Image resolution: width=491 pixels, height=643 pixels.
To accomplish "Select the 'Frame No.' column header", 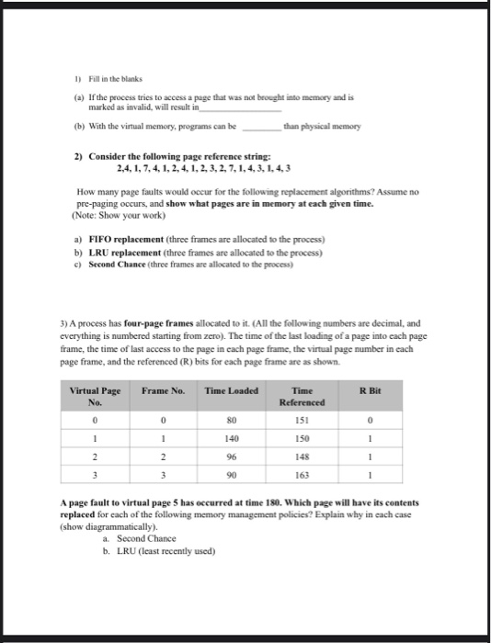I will pos(165,390).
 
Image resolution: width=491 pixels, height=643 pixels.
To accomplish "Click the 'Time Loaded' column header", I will pos(231,390).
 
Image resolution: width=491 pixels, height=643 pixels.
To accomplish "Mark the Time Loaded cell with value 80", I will pos(231,421).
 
